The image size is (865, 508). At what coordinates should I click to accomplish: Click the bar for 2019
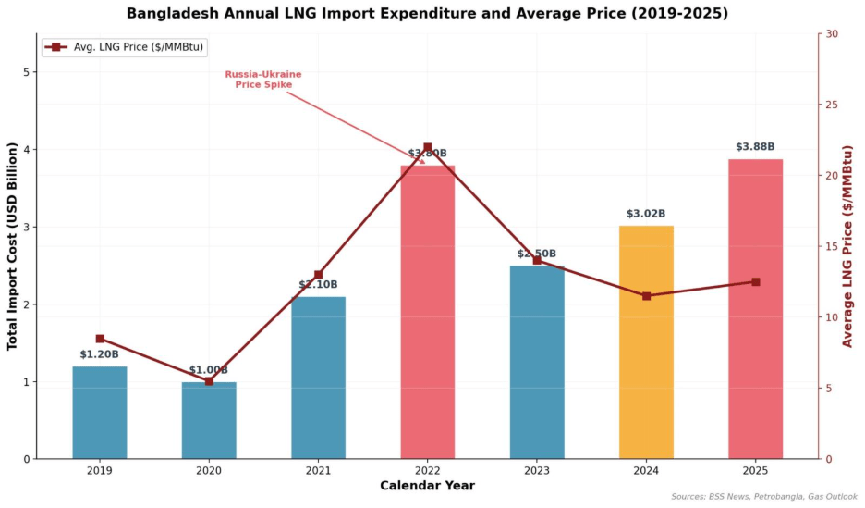pos(100,413)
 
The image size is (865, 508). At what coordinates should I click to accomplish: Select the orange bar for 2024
pos(646,342)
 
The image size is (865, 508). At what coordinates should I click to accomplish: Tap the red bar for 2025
pos(755,309)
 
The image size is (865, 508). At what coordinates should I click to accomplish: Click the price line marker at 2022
pos(427,147)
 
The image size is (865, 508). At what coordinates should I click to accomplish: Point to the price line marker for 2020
pos(209,381)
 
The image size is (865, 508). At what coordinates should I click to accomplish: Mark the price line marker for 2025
pos(755,281)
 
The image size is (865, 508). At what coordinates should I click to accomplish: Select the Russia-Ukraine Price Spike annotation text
pos(263,80)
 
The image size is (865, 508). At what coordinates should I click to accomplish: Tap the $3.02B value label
pos(646,214)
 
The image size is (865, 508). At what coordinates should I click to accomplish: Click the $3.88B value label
pos(755,147)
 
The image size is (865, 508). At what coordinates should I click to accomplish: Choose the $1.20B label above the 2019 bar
pos(100,354)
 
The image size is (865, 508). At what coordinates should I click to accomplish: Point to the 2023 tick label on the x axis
pos(537,470)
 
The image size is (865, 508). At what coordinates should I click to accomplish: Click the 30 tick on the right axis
pos(832,34)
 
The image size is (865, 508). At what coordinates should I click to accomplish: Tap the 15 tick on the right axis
pos(832,247)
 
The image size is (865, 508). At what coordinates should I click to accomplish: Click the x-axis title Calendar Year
pos(427,486)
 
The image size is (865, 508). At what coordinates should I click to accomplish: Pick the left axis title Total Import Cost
pos(13,246)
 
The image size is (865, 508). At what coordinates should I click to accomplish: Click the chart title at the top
pos(427,13)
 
